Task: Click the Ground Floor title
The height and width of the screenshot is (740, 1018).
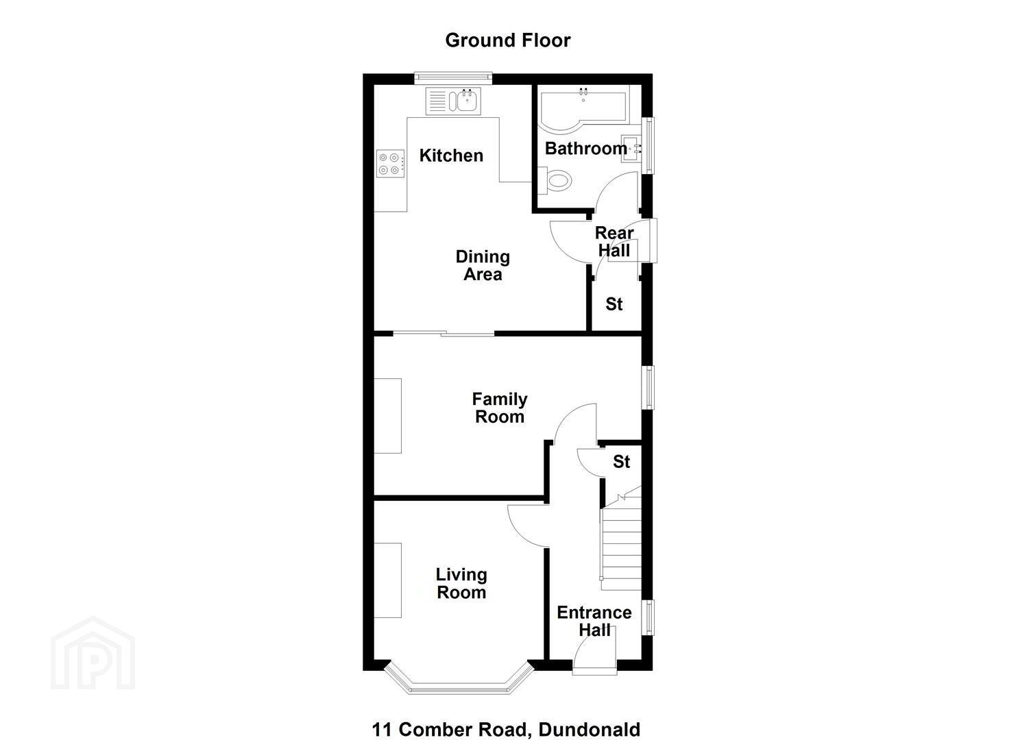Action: [508, 40]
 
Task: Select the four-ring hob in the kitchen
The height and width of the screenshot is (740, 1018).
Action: [390, 164]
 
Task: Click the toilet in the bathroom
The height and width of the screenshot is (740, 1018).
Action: [555, 181]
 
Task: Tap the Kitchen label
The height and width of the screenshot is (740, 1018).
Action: [451, 156]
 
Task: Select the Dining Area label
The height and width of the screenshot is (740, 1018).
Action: [483, 266]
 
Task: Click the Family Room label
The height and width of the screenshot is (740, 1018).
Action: [500, 408]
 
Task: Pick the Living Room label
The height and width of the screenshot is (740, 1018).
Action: [461, 584]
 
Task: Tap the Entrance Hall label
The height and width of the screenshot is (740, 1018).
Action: [594, 621]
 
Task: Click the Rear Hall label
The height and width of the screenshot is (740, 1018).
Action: [614, 242]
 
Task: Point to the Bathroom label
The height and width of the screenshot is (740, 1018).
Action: [586, 149]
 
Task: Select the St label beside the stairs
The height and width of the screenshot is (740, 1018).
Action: [621, 462]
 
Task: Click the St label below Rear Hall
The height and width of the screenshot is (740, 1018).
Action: [614, 304]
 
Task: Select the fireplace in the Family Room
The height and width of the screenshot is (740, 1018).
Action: [387, 416]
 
